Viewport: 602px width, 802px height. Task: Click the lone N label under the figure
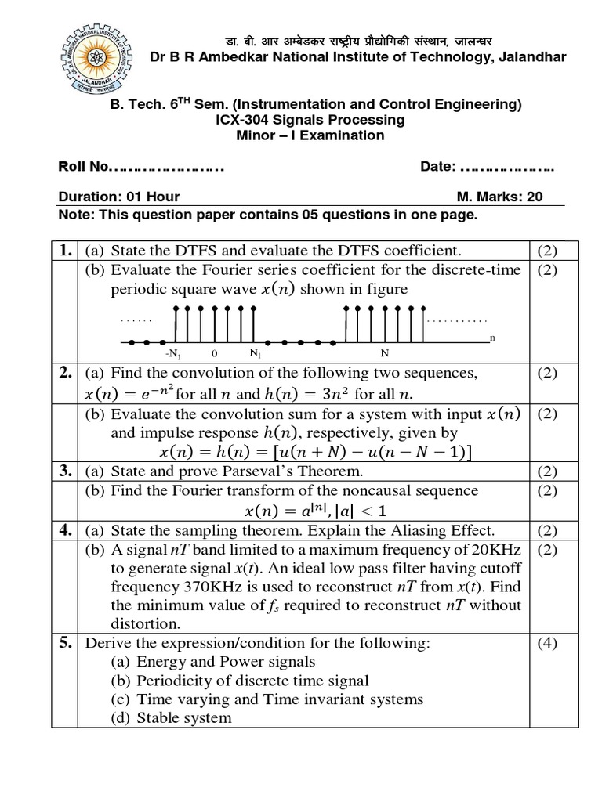point(385,354)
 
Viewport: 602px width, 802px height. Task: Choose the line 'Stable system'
point(184,717)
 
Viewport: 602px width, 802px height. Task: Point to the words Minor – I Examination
point(310,135)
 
